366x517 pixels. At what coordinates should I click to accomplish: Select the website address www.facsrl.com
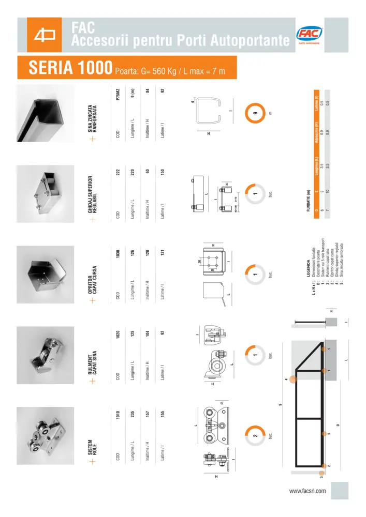[307, 491]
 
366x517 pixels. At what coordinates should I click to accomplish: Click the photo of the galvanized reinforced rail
[43, 112]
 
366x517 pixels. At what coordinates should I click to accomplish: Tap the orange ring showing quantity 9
[255, 112]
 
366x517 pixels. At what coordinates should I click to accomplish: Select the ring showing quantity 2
[255, 435]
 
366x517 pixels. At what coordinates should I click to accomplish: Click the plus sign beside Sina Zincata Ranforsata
[94, 139]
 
